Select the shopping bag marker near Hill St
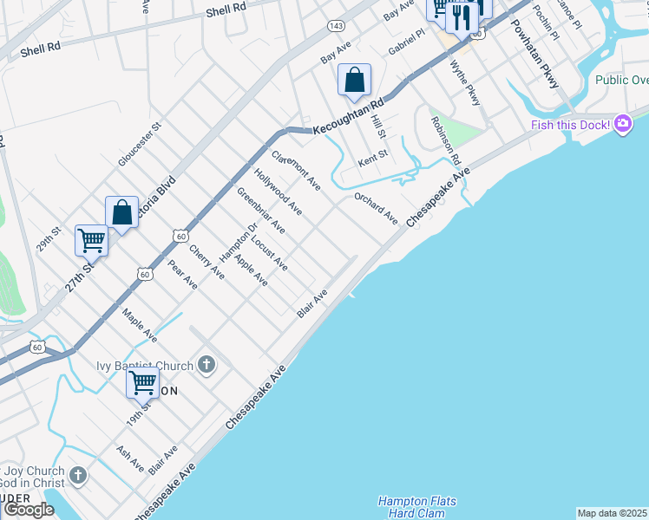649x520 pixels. pyautogui.click(x=354, y=81)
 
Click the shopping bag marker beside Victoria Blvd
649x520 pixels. pyautogui.click(x=122, y=212)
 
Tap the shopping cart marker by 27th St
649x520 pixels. pyautogui.click(x=92, y=240)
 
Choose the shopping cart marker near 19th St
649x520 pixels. pyautogui.click(x=142, y=381)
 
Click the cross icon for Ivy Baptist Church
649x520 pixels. pyautogui.click(x=206, y=364)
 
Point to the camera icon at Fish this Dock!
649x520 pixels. pyautogui.click(x=622, y=125)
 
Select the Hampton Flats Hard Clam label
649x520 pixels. pyautogui.click(x=417, y=507)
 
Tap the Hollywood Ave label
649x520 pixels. pyautogui.click(x=278, y=192)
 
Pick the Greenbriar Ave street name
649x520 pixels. pyautogui.click(x=261, y=211)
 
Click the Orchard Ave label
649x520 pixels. pyautogui.click(x=375, y=207)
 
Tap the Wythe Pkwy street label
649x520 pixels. pyautogui.click(x=465, y=83)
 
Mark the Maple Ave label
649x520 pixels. pyautogui.click(x=139, y=324)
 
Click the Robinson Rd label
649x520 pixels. pyautogui.click(x=444, y=141)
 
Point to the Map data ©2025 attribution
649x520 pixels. pyautogui.click(x=613, y=513)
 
